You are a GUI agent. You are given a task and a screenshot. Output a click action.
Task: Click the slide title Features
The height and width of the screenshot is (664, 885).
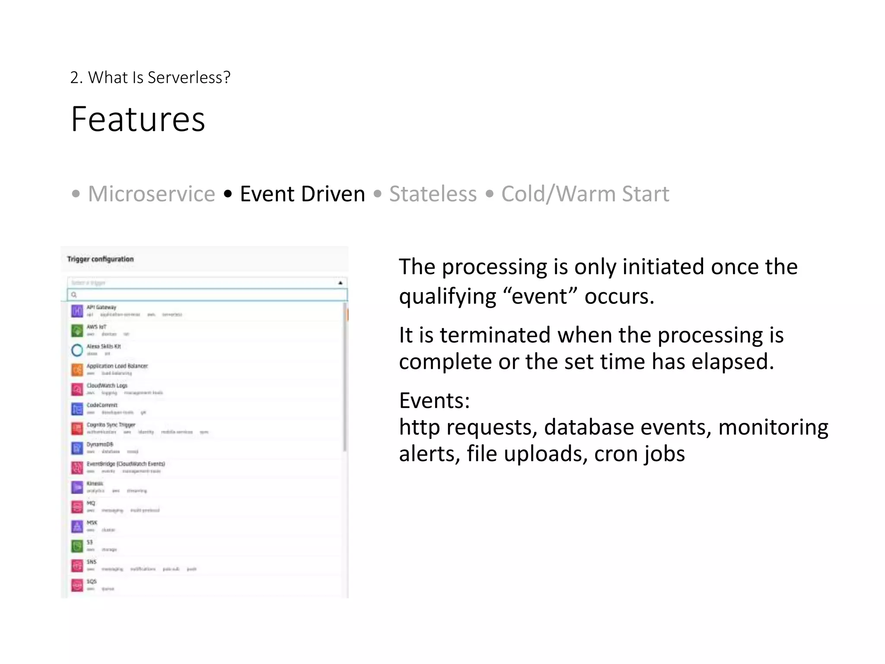(138, 119)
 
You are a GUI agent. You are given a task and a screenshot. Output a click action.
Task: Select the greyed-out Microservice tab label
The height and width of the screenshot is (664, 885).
(151, 194)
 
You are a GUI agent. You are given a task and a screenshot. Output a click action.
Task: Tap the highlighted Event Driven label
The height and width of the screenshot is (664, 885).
(302, 194)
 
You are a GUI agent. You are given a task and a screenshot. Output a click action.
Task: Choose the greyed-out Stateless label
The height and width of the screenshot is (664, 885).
(433, 194)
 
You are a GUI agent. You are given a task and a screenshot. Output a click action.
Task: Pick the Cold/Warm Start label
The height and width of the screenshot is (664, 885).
(585, 194)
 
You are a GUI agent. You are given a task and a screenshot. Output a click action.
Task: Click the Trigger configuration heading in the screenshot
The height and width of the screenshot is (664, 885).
(100, 259)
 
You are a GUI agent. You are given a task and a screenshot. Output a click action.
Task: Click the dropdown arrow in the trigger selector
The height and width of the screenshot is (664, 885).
(340, 283)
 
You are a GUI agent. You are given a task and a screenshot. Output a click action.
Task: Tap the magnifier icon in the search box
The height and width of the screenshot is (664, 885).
(74, 295)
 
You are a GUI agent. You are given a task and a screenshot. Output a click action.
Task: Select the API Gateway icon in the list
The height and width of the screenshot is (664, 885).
(77, 311)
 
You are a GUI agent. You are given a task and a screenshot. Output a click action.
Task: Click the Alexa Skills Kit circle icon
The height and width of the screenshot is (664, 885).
(77, 350)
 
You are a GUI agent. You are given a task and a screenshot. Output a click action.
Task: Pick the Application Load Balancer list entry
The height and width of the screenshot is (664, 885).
(117, 366)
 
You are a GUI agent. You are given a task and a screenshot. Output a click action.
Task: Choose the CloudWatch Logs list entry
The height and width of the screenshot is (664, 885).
(107, 386)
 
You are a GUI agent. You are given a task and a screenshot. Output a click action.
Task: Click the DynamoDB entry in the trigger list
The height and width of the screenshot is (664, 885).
(100, 444)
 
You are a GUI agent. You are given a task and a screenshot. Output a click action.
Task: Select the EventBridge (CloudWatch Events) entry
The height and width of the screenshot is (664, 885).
(126, 464)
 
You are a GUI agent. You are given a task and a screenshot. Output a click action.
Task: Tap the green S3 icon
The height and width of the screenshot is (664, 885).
(77, 546)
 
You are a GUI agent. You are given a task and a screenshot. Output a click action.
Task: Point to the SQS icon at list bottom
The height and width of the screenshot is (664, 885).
(77, 585)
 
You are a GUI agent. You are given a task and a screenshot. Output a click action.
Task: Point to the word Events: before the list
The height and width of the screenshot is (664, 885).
(434, 401)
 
